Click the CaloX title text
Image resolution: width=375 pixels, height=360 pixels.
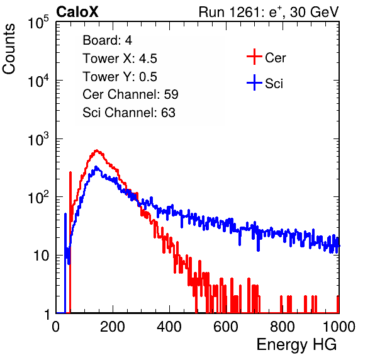tap(77, 12)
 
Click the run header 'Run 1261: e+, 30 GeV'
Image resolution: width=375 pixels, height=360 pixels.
tap(269, 12)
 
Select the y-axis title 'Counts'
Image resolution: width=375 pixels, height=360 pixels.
tap(9, 49)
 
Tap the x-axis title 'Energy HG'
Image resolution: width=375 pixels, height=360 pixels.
tap(296, 345)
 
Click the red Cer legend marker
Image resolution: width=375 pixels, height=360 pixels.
tap(254, 57)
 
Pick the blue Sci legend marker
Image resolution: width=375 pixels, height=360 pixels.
tap(254, 82)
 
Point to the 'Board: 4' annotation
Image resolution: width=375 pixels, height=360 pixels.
tap(107, 40)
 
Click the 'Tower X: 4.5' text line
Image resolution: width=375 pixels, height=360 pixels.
tap(120, 59)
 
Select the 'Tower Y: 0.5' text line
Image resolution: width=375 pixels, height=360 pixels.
tap(120, 77)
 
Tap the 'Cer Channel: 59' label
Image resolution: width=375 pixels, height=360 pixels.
tap(130, 94)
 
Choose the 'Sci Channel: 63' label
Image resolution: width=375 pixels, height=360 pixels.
tap(129, 113)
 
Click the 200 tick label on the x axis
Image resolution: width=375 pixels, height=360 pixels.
tap(113, 327)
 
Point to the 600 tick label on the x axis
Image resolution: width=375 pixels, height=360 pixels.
tap(226, 327)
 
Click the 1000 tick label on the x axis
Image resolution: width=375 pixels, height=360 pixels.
tap(339, 327)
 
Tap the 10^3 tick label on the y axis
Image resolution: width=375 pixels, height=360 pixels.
tap(38, 139)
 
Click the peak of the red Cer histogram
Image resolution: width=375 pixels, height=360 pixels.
tap(97, 150)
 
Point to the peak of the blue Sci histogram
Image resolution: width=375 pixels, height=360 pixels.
tap(96, 167)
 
